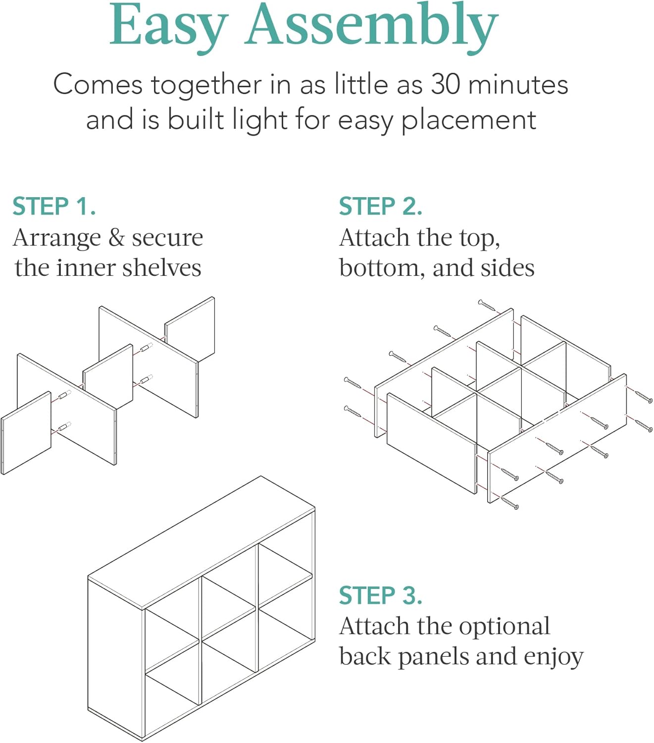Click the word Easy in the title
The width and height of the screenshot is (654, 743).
pyautogui.click(x=169, y=28)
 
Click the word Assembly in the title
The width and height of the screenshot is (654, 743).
pyautogui.click(x=372, y=28)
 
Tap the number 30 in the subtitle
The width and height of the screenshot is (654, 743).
pyautogui.click(x=445, y=84)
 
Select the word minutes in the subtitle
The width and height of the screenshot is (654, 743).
pyautogui.click(x=518, y=84)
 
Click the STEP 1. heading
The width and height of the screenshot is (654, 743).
pyautogui.click(x=54, y=207)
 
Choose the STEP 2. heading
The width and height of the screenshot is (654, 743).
pyautogui.click(x=381, y=207)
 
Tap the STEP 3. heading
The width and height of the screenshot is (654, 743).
pyautogui.click(x=381, y=595)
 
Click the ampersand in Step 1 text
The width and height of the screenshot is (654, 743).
pyautogui.click(x=116, y=238)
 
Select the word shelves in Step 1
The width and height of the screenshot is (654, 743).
pyautogui.click(x=162, y=267)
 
